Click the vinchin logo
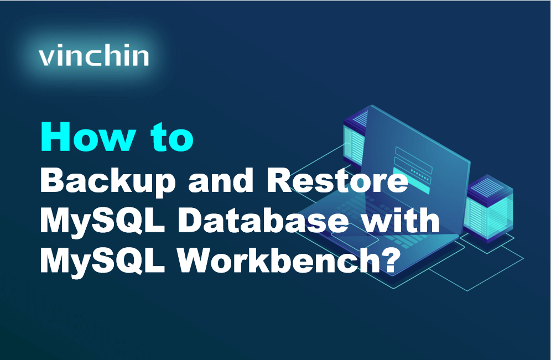[x=94, y=56]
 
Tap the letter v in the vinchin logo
[x=47, y=58]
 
